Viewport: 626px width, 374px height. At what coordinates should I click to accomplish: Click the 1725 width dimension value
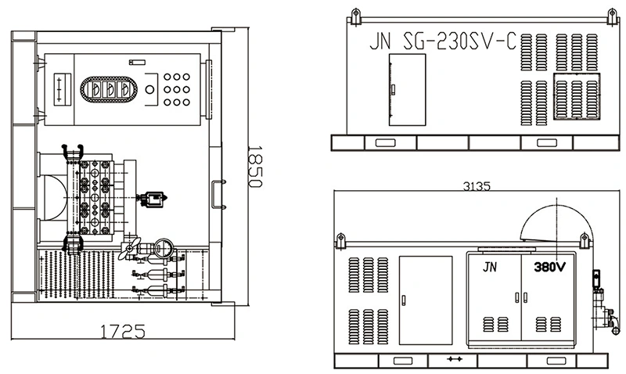click(122, 331)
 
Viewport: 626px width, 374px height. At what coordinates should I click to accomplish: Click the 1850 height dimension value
click(254, 166)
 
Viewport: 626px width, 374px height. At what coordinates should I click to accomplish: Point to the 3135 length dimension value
click(477, 186)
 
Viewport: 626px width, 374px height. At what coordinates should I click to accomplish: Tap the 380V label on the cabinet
click(550, 267)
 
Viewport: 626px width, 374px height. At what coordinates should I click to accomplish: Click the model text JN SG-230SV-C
click(443, 41)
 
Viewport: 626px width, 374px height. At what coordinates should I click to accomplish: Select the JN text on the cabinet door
click(490, 267)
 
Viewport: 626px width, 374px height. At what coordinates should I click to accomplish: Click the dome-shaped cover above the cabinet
click(556, 223)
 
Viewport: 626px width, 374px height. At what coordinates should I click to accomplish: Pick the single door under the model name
click(407, 90)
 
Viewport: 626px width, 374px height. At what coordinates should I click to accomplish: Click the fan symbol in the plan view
click(131, 247)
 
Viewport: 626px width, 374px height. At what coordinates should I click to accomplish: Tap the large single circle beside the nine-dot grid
click(149, 89)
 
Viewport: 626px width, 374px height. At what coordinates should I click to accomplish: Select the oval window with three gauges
click(109, 89)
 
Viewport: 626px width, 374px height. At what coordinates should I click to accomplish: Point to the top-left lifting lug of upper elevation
click(355, 16)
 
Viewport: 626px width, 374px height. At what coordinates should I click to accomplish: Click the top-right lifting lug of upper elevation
click(612, 16)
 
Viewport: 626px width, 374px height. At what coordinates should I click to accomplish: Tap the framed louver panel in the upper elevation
click(577, 95)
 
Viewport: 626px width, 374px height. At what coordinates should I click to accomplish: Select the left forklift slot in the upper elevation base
click(385, 142)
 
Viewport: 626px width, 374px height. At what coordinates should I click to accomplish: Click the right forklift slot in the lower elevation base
click(556, 361)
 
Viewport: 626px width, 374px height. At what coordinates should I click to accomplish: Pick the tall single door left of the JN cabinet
click(426, 300)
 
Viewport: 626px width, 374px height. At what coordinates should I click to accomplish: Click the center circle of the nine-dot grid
click(177, 89)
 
